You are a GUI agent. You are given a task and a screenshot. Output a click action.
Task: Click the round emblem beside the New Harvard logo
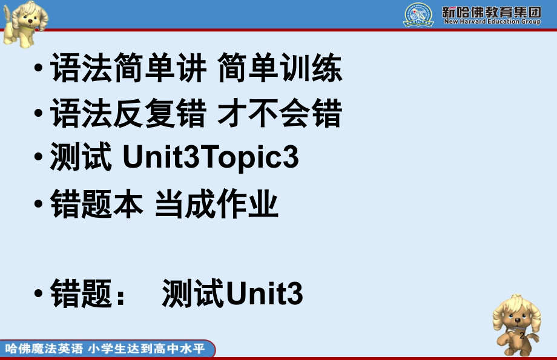[418, 15]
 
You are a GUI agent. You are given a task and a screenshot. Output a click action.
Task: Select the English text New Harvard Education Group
[492, 22]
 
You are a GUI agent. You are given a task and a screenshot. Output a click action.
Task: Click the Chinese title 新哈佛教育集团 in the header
[492, 11]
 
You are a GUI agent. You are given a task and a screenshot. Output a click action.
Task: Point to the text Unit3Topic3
[211, 159]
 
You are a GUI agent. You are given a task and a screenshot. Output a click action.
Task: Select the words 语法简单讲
[128, 69]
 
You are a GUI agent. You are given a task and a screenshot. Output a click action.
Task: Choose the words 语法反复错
[128, 114]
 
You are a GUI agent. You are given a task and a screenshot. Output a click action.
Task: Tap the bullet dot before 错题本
[39, 203]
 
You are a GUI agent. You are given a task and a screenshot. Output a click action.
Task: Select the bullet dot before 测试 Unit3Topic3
[39, 157]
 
